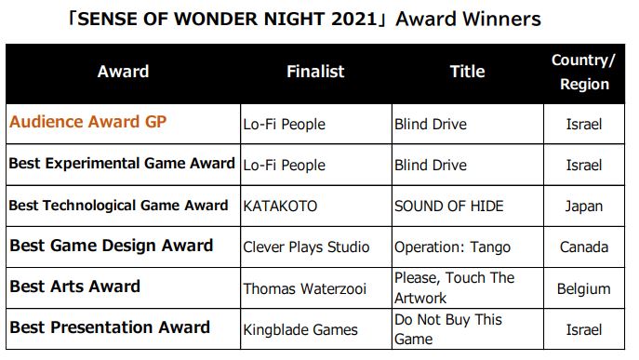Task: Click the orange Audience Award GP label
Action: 88,122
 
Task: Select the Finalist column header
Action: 315,72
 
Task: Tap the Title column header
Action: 468,72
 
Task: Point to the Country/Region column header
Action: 583,72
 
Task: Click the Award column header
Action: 123,72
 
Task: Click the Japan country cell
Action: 583,207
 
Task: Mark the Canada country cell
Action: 583,247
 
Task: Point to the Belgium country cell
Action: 583,288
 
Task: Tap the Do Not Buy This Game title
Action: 448,329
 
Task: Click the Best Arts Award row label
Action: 75,287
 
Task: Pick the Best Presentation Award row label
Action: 110,327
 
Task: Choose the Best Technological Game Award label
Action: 118,205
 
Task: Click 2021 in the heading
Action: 354,19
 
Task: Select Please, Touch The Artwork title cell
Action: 455,287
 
